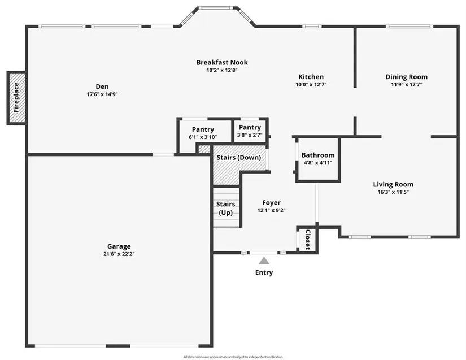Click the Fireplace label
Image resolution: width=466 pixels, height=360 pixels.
(16, 98)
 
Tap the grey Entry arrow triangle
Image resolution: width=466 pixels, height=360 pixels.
(264, 261)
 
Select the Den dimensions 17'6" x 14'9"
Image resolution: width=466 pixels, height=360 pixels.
(102, 94)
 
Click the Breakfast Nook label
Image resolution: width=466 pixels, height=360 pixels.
(222, 62)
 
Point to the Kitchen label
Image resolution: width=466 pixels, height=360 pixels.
(311, 77)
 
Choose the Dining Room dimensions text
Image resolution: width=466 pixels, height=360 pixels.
(406, 84)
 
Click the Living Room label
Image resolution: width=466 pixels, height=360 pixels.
(393, 184)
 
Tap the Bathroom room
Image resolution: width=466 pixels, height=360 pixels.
(318, 159)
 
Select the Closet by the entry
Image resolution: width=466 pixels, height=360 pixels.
(308, 239)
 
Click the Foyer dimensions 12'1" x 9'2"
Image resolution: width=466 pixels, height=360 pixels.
(271, 210)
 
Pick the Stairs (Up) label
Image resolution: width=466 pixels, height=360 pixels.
(226, 208)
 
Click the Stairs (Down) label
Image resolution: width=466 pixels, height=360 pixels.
(239, 157)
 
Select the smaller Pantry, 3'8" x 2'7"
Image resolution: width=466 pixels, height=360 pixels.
(250, 130)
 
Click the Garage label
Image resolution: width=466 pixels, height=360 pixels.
(119, 246)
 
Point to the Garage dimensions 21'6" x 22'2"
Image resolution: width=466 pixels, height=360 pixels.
(119, 254)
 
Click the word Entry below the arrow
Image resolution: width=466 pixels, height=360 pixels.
(264, 272)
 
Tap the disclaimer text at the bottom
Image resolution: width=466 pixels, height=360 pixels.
(233, 357)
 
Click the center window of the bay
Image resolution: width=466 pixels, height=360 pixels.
(216, 8)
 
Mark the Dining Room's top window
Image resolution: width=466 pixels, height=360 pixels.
(410, 27)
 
